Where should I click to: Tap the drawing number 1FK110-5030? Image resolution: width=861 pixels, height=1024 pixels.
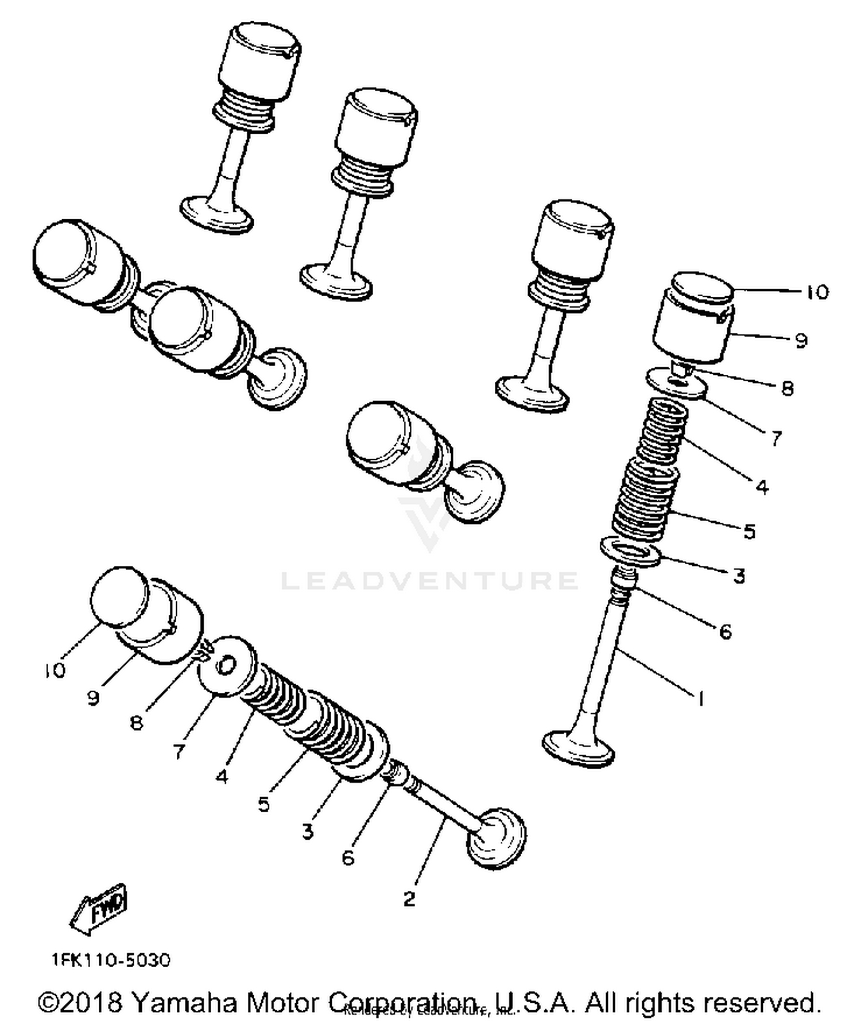pos(111,960)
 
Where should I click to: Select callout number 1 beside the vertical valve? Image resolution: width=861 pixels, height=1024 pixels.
pos(700,699)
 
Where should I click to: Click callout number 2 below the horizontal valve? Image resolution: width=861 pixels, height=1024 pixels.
pos(409,899)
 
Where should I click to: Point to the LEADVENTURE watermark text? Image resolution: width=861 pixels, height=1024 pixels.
pos(429,580)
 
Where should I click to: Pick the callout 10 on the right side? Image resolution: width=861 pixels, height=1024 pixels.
pos(817,292)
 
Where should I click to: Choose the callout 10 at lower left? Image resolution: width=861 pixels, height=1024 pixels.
pos(56,670)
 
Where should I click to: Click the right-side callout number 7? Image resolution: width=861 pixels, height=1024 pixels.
pos(775,439)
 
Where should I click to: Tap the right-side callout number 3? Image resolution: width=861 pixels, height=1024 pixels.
pos(739,575)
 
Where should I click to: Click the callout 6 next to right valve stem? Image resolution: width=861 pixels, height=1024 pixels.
pos(726,632)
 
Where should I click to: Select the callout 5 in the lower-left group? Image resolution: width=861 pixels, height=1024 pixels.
pos(263,804)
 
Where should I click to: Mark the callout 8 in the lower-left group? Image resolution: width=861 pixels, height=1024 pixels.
pos(136,723)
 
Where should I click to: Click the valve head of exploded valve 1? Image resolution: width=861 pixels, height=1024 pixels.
pos(579,749)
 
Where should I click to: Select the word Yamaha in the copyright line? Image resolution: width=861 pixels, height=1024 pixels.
pos(184,1003)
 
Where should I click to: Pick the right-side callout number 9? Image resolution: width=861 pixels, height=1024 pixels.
pos(802,340)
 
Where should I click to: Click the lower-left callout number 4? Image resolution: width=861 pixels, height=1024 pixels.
pos(222,777)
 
